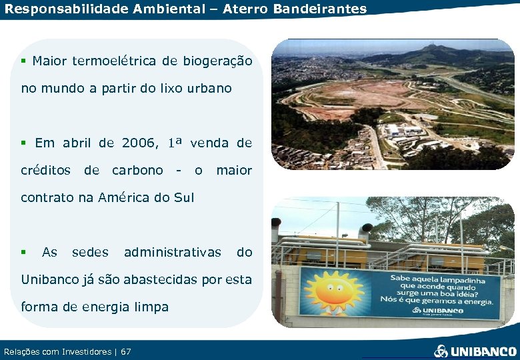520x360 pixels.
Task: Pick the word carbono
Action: point(137,170)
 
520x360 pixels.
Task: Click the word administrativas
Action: point(172,252)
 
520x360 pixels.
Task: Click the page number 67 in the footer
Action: point(126,351)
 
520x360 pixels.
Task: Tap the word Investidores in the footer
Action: point(82,351)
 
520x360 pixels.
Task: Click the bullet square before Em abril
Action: point(23,143)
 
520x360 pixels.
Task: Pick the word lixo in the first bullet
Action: point(171,88)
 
